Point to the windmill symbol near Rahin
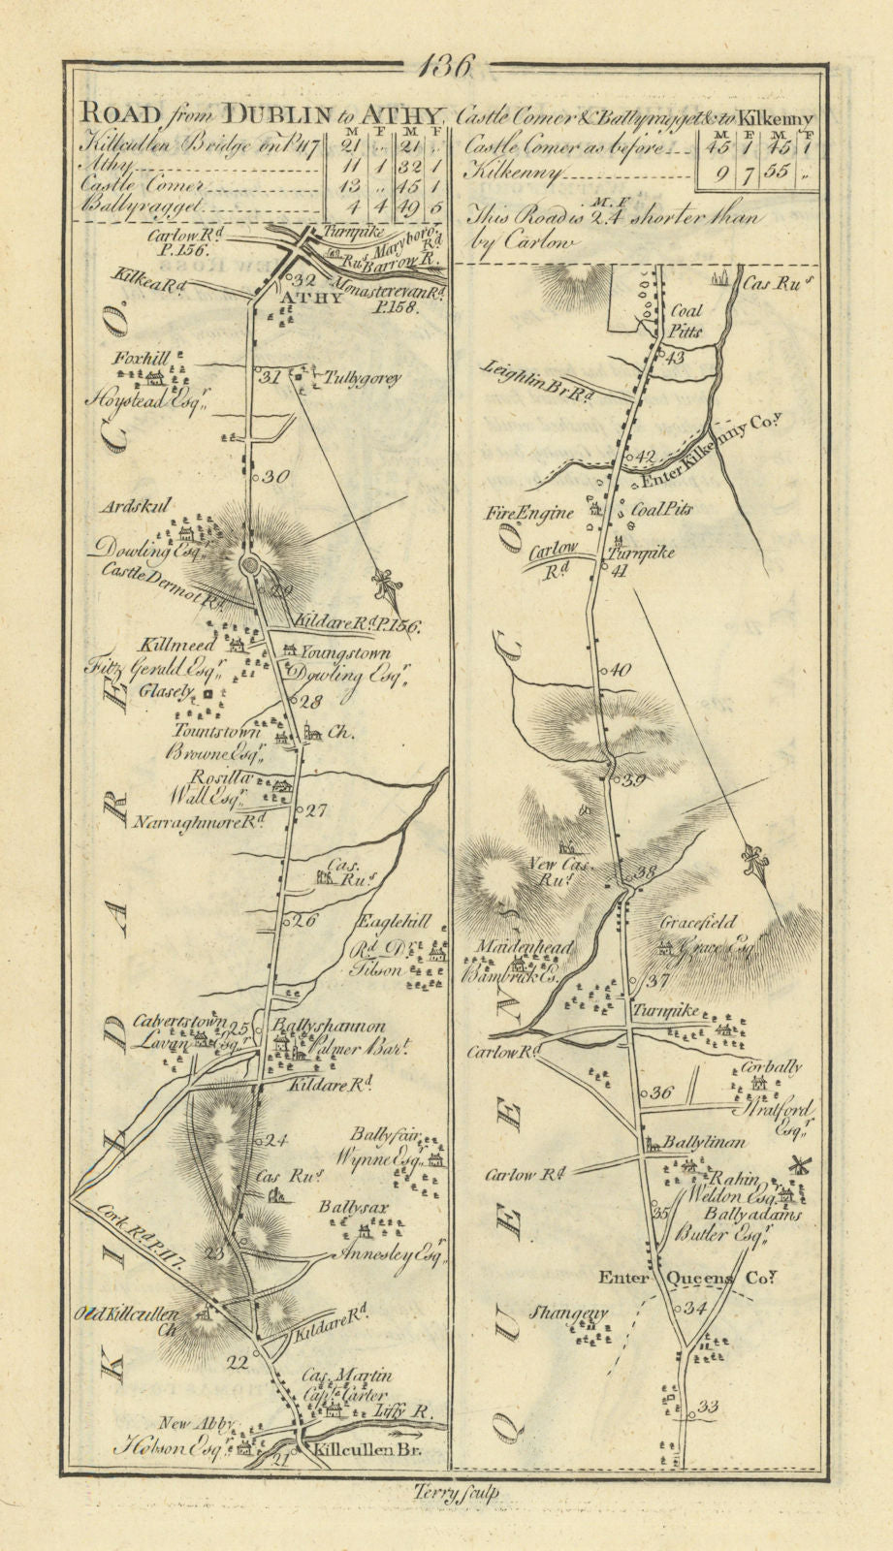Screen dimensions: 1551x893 [x=800, y=1166]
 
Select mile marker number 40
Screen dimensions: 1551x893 [x=620, y=670]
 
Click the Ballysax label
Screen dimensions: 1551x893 [x=350, y=1209]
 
